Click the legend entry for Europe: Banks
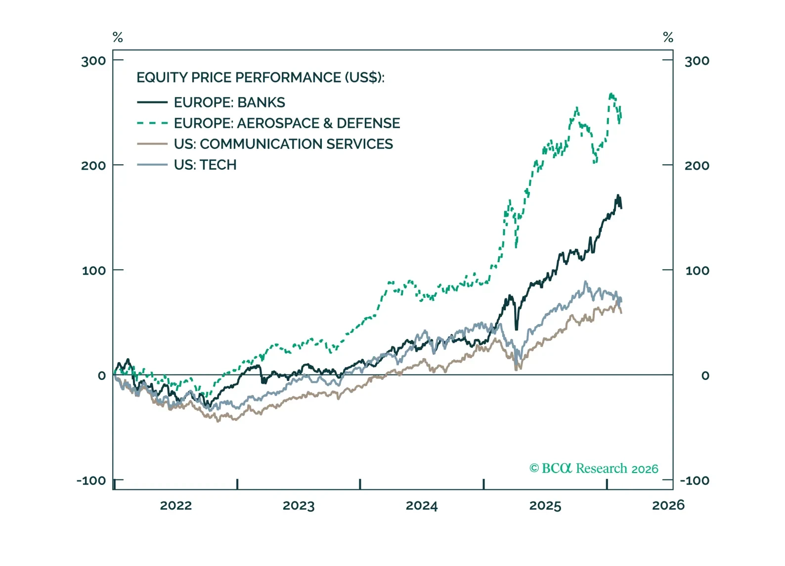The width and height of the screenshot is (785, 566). (x=229, y=102)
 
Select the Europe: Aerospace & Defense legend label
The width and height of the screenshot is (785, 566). (x=287, y=123)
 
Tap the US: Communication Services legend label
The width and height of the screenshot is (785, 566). (x=283, y=144)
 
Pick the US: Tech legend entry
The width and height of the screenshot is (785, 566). (x=205, y=165)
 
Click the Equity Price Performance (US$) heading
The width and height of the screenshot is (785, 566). (x=260, y=78)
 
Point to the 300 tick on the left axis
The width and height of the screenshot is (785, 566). (x=93, y=61)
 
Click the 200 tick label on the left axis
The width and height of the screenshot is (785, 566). (x=93, y=166)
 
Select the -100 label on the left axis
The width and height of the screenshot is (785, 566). (x=91, y=480)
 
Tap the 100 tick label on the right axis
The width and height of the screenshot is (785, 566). (x=697, y=271)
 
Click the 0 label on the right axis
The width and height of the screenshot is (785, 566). (x=705, y=376)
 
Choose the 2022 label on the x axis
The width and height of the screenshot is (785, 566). (x=175, y=506)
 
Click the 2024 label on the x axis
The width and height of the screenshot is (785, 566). (x=422, y=506)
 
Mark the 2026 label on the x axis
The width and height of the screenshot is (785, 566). (x=668, y=505)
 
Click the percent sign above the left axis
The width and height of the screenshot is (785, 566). (x=118, y=37)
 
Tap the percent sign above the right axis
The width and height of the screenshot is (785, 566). (x=668, y=37)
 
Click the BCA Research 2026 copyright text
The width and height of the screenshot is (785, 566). (x=594, y=468)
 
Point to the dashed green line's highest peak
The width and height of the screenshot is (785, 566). (x=611, y=94)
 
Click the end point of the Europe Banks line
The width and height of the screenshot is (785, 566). (x=621, y=208)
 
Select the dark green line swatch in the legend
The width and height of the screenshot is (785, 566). (x=152, y=102)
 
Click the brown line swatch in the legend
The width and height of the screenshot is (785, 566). (x=152, y=144)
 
